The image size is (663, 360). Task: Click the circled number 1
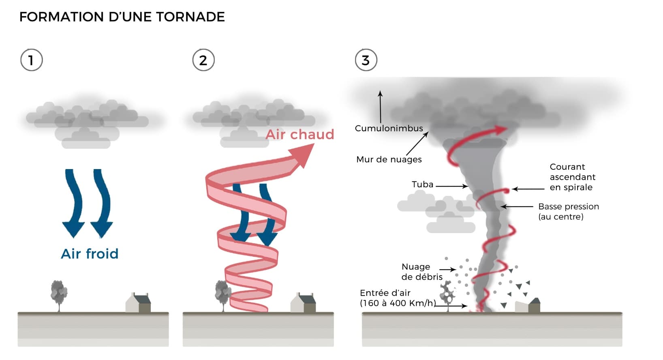click(x=31, y=60)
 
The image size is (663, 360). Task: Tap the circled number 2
click(x=203, y=60)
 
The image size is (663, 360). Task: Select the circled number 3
click(x=366, y=60)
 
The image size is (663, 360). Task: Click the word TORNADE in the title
click(x=190, y=17)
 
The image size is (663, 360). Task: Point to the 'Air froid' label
click(x=90, y=254)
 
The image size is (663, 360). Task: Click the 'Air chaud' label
click(x=300, y=134)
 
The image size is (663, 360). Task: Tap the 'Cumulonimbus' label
click(x=389, y=129)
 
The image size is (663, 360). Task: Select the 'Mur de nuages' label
click(x=389, y=159)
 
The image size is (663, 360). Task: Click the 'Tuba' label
click(x=422, y=184)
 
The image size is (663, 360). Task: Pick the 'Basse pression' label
click(x=568, y=207)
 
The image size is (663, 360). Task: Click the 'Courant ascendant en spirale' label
click(x=572, y=177)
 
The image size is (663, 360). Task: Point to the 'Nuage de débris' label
click(x=421, y=272)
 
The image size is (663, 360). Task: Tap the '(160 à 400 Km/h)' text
click(x=398, y=303)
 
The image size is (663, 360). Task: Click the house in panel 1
click(x=139, y=303)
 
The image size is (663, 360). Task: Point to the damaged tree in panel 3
click(x=448, y=294)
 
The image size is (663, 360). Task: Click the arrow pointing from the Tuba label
click(x=452, y=186)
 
